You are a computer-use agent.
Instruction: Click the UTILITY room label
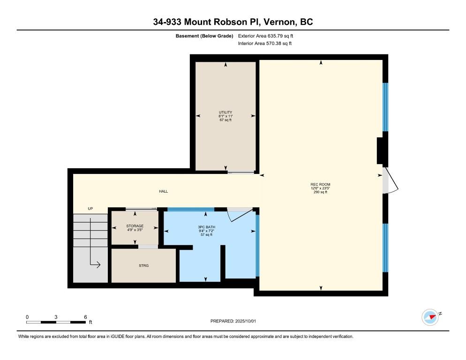[x=225, y=112]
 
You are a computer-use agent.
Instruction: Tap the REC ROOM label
[x=320, y=184]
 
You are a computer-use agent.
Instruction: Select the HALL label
[x=164, y=191]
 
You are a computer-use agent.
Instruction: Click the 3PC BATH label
[x=207, y=227]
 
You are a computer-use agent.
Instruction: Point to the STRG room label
[x=143, y=265]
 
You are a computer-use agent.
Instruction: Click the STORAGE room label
[x=135, y=226]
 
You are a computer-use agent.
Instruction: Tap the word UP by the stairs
[x=90, y=209]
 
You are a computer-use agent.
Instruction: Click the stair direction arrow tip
[x=100, y=264]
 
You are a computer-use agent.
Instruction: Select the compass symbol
[x=430, y=317]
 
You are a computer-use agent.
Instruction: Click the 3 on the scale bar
[x=56, y=317]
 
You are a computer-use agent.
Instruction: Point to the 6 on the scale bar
[x=85, y=317]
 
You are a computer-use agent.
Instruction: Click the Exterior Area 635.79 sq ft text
[x=265, y=36]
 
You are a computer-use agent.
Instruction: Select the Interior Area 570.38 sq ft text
[x=265, y=44]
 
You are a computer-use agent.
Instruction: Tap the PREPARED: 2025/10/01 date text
[x=233, y=321]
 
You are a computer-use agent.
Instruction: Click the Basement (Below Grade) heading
[x=204, y=36]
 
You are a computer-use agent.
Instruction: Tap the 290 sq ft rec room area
[x=320, y=192]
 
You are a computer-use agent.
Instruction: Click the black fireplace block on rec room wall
[x=380, y=150]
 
